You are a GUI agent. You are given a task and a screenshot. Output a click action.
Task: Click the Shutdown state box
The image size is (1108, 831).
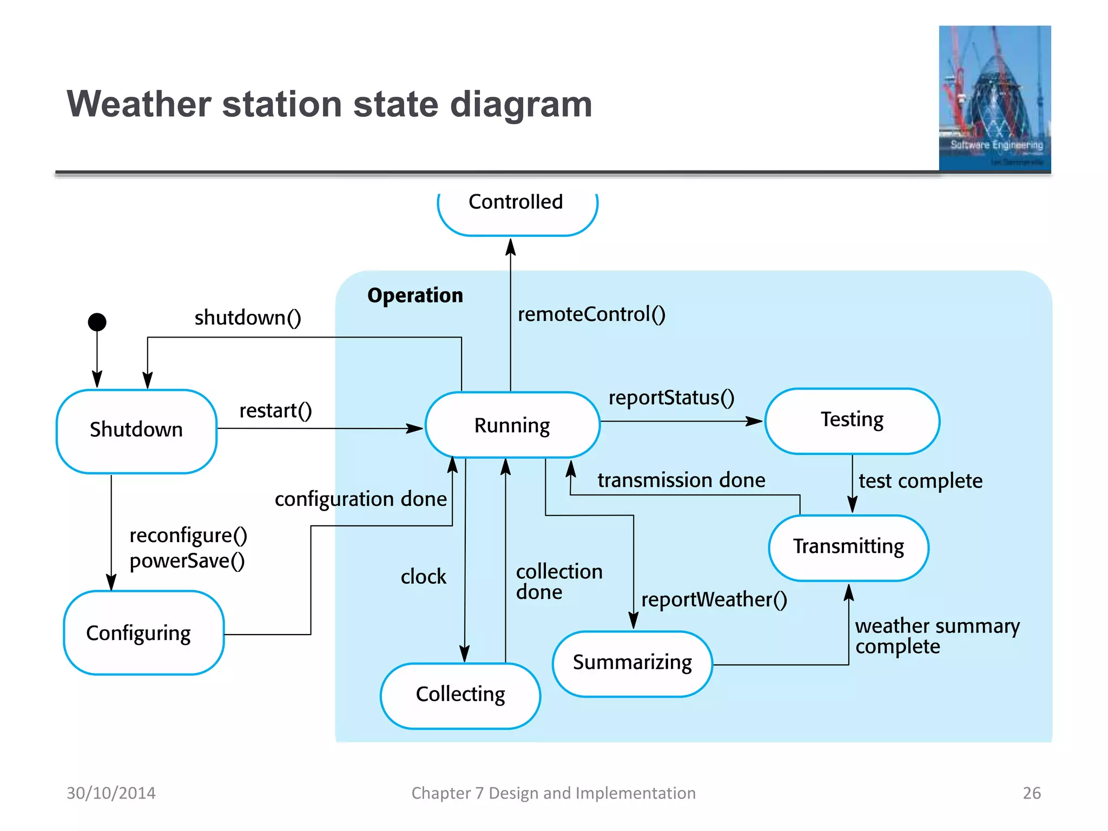[136, 431]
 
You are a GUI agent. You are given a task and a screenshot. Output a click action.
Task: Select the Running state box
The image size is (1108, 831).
[512, 425]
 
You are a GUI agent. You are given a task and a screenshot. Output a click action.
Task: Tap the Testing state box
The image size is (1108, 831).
[852, 420]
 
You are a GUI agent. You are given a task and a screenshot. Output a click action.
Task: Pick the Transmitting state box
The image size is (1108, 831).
[848, 547]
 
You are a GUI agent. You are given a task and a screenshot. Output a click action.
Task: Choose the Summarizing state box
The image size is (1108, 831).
[632, 663]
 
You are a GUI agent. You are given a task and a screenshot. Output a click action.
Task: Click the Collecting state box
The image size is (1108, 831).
[460, 695]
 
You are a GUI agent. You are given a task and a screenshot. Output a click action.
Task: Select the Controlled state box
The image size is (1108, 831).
[517, 210]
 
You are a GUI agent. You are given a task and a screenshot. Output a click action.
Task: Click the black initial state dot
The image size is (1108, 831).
[97, 322]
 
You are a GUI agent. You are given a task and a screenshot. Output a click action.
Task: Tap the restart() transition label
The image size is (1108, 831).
[275, 411]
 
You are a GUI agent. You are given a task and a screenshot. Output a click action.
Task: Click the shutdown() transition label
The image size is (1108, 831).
[248, 318]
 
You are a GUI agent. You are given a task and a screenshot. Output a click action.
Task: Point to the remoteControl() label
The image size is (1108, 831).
[591, 314]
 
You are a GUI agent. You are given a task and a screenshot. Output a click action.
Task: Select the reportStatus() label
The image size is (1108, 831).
[671, 398]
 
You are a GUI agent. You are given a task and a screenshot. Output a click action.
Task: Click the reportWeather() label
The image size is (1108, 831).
[714, 599]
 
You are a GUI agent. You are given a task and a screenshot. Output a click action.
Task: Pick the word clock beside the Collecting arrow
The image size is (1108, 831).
[423, 577]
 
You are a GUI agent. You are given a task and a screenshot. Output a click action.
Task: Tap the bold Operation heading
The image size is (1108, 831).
[415, 295]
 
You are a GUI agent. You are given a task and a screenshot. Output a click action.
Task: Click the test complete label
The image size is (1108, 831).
[920, 481]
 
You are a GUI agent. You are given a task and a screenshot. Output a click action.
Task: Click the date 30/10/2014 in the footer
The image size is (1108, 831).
[111, 793]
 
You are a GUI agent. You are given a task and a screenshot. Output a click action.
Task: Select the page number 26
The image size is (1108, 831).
[1031, 793]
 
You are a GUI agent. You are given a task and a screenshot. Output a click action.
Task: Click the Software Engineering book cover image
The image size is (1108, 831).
[994, 98]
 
